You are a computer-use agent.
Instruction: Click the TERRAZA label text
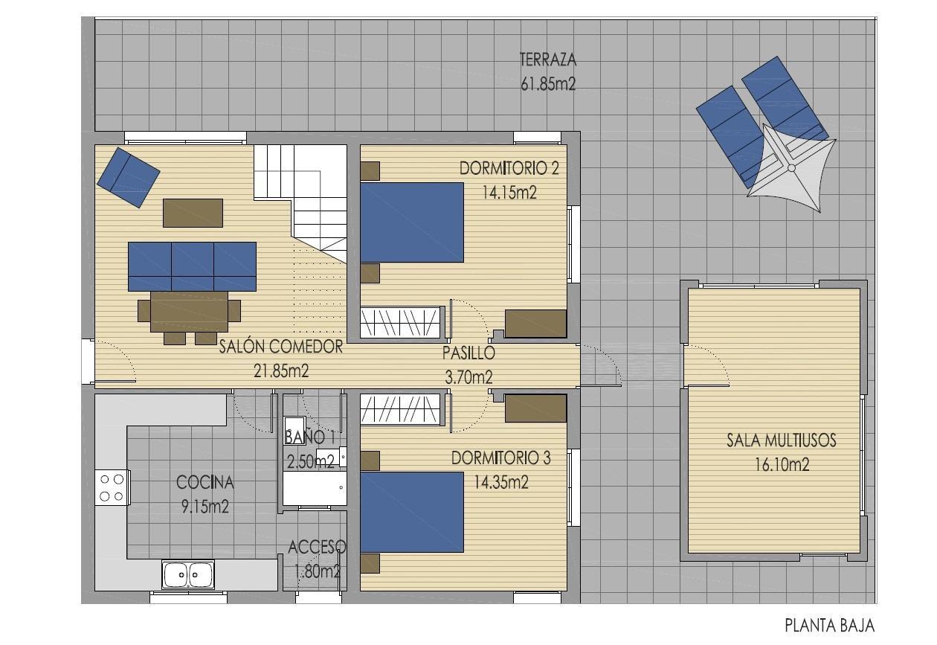point(548,60)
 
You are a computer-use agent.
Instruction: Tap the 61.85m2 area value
point(548,84)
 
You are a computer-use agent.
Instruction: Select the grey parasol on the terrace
point(791,168)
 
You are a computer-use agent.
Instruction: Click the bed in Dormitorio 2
point(412,222)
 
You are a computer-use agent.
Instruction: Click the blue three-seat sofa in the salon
point(192,266)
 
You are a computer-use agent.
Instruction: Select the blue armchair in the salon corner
point(127,177)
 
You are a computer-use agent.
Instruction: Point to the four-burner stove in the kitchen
point(112,488)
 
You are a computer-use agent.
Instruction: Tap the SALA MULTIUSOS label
point(781,440)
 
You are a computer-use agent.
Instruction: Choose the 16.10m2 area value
point(781,466)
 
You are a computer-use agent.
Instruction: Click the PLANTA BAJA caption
point(829,626)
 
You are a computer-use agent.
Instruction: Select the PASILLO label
point(468,353)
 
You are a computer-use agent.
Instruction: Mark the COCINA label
point(205,483)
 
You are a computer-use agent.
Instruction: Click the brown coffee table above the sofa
point(193,212)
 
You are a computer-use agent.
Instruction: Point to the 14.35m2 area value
point(500,482)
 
